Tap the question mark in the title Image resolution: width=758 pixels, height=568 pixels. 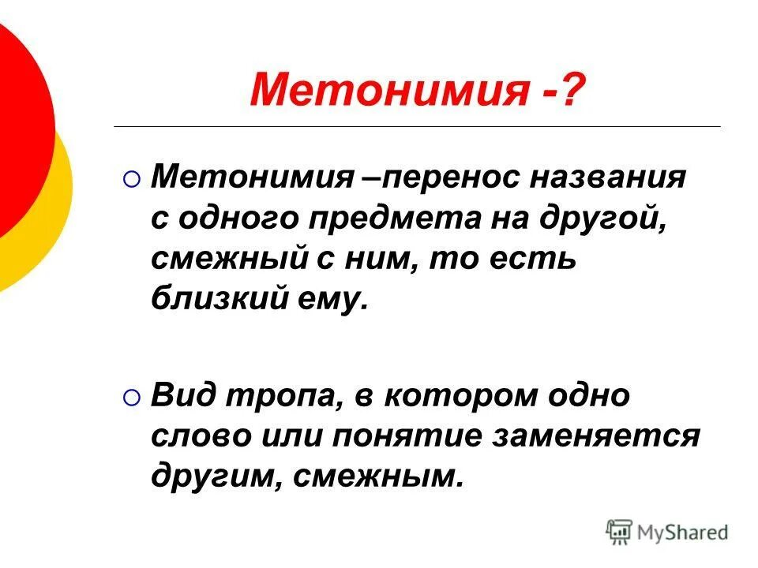pos(573,88)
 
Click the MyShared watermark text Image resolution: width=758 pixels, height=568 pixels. pos(684,533)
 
